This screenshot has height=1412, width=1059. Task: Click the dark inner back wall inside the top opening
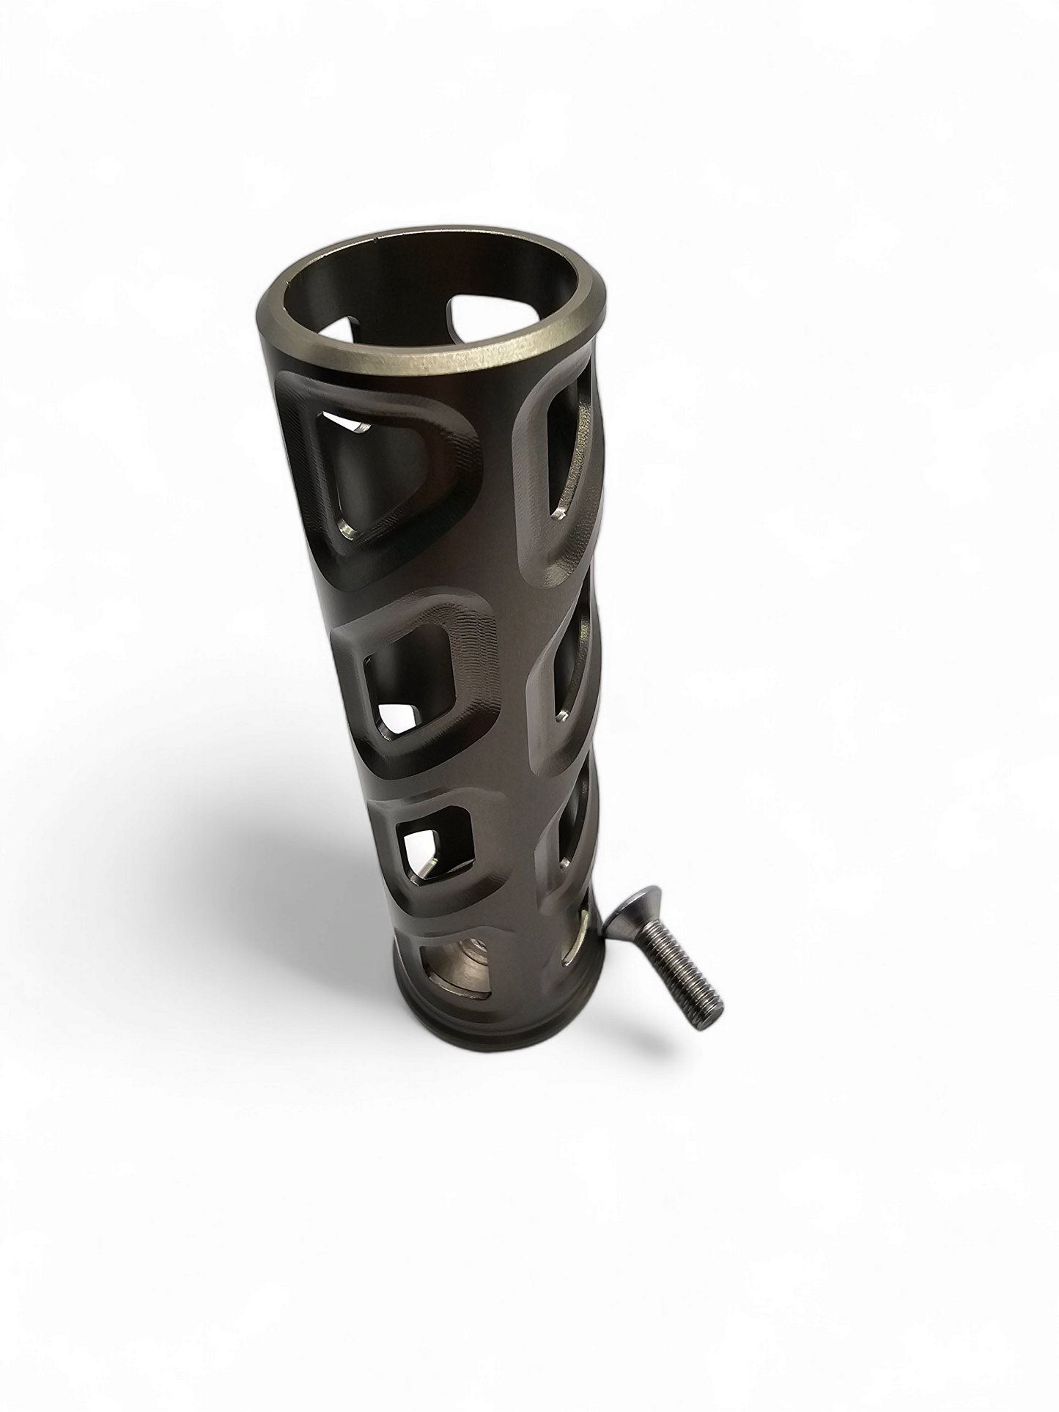pyautogui.click(x=410, y=293)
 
